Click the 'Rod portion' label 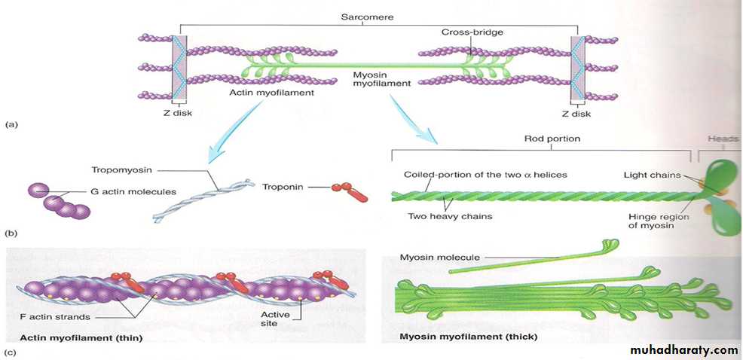click(x=552, y=139)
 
